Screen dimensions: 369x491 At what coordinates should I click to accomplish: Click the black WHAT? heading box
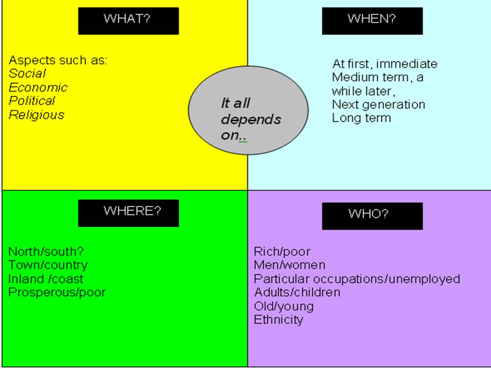tap(128, 21)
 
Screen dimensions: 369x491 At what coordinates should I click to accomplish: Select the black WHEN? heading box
tap(372, 21)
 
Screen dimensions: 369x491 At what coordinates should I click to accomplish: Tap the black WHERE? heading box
tap(128, 213)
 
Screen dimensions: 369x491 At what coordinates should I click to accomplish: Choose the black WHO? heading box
tap(372, 215)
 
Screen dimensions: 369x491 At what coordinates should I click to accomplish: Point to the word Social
tap(27, 74)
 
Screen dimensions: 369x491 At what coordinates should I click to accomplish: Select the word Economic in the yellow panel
tap(38, 87)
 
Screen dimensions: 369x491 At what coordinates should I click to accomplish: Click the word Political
tap(31, 101)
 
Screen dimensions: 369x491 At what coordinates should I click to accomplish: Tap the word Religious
tap(36, 115)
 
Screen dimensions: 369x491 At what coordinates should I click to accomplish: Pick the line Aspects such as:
tap(58, 60)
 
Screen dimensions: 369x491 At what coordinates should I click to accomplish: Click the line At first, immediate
tap(384, 63)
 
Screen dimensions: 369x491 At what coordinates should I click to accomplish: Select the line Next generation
tap(378, 104)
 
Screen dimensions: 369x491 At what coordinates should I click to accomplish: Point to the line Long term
tap(361, 117)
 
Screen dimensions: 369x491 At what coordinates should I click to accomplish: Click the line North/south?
tap(46, 252)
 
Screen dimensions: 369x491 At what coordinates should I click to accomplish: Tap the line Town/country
tap(48, 265)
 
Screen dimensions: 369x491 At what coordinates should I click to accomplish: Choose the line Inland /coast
tap(46, 279)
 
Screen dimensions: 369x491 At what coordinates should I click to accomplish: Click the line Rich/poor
tap(282, 252)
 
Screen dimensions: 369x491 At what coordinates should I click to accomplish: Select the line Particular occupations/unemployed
tap(357, 279)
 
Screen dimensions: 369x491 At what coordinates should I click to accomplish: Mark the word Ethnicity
tap(278, 320)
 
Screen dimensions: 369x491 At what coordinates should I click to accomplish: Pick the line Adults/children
tap(297, 292)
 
